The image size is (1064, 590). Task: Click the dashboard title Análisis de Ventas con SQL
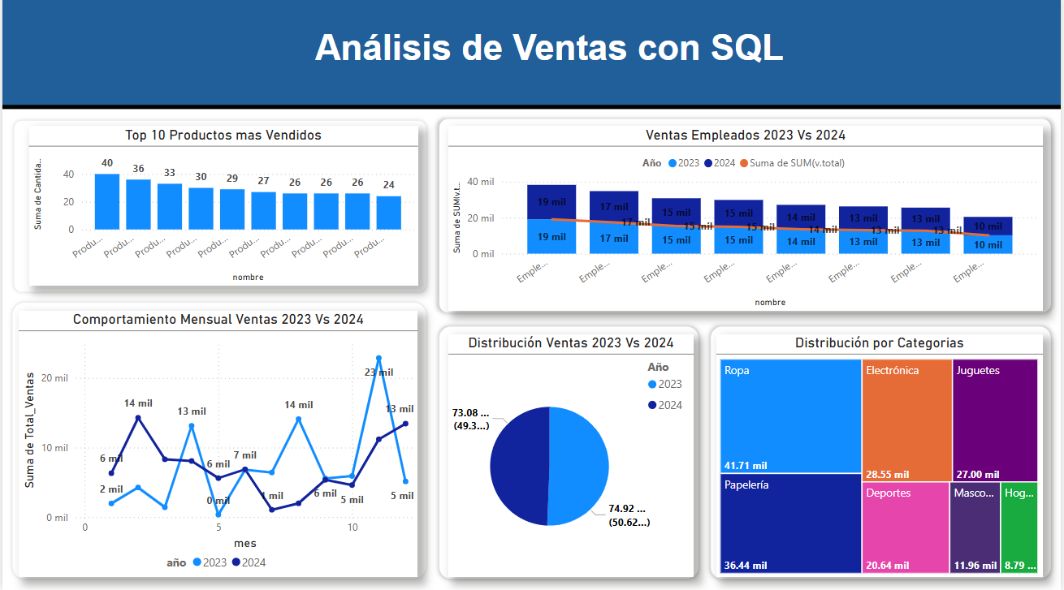click(x=549, y=48)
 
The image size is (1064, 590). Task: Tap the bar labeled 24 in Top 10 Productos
click(x=389, y=213)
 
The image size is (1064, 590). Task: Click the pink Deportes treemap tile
click(x=904, y=528)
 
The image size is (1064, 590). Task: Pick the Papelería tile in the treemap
click(x=790, y=523)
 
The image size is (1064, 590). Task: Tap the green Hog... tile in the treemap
click(x=1019, y=528)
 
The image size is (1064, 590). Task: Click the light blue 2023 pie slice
click(x=579, y=466)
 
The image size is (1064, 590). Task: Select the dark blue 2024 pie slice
click(x=519, y=466)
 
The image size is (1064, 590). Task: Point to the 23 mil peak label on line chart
click(x=378, y=373)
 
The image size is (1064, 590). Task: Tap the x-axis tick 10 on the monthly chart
click(x=353, y=528)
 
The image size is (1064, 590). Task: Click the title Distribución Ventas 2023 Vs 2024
click(x=570, y=343)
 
